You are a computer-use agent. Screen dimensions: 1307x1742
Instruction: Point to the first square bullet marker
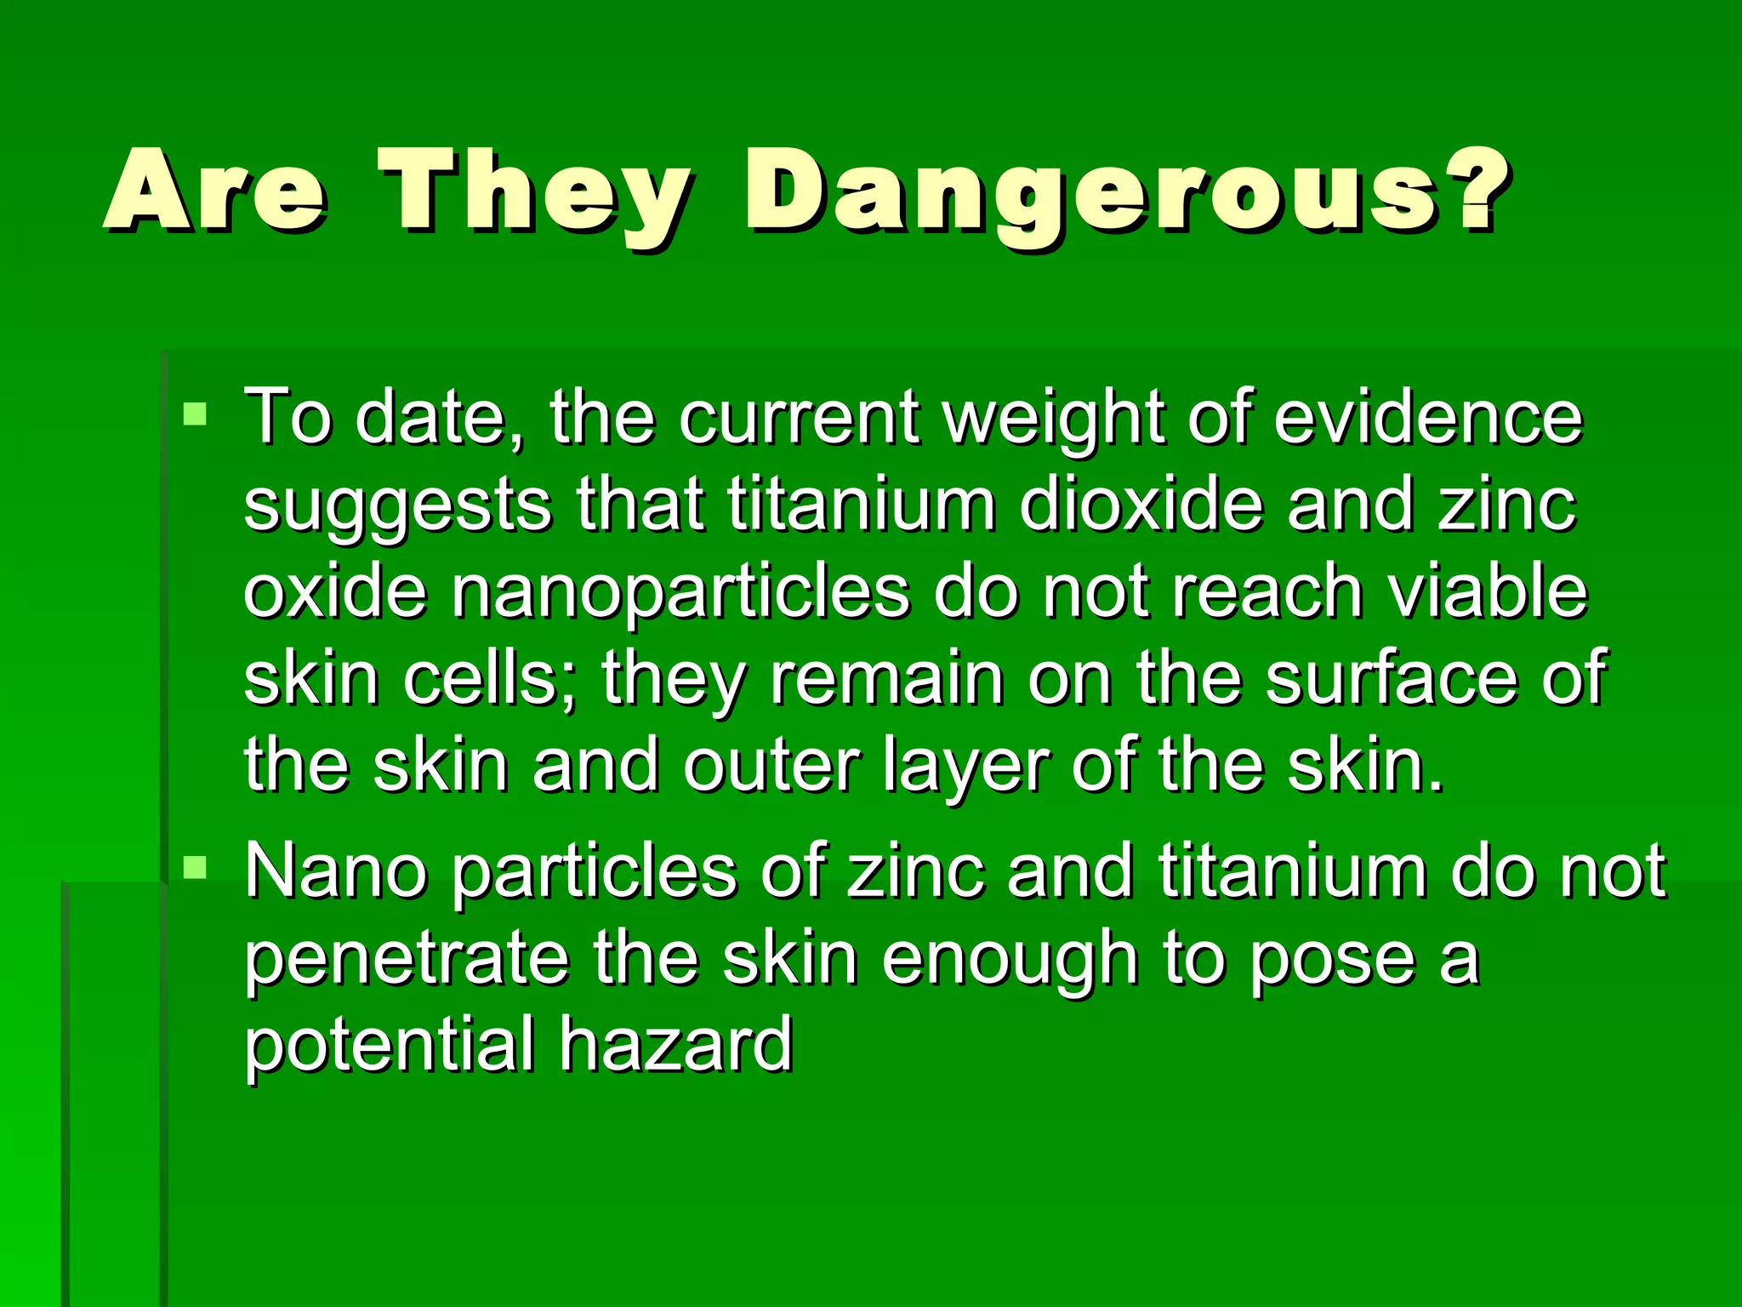(195, 414)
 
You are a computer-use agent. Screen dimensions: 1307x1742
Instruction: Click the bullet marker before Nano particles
(195, 867)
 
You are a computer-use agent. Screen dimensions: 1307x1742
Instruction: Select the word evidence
(1428, 419)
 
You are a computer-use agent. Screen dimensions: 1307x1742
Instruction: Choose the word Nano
(337, 872)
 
